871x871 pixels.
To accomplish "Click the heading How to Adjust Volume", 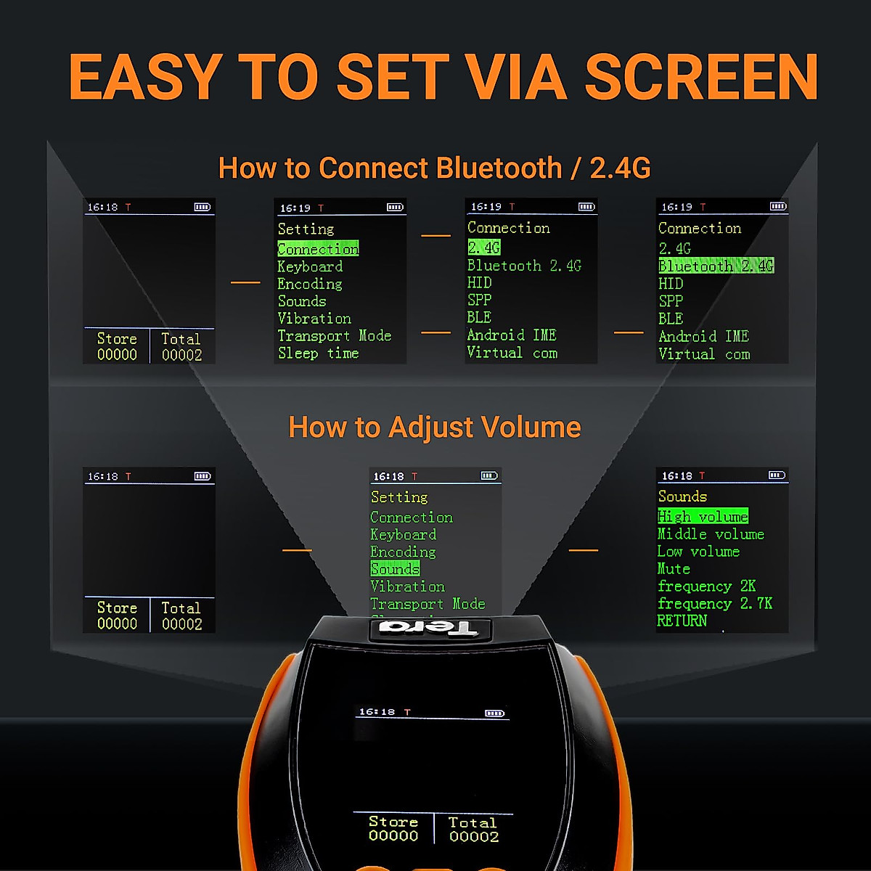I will coord(435,427).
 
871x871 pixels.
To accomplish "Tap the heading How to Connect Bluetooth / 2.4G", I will coord(434,168).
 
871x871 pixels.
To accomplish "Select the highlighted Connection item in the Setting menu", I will coord(318,248).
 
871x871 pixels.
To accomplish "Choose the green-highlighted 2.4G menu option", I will coord(484,248).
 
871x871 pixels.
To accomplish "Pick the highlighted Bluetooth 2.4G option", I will coord(716,266).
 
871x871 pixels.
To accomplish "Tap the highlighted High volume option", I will coord(702,516).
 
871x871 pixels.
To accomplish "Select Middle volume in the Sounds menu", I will coord(710,533).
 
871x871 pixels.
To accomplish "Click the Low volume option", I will coord(698,551).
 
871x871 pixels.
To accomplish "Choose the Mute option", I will coord(674,568).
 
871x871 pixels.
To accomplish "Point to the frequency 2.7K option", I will coord(714,603).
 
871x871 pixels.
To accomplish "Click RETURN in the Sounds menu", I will coord(682,621).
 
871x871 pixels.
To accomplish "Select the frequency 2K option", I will coord(706,586).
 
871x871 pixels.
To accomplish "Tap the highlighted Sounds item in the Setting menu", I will coord(395,568).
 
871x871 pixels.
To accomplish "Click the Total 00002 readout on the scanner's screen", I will coord(473,829).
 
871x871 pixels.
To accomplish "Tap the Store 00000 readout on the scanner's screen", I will coord(393,828).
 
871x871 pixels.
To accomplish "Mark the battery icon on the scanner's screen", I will coord(494,713).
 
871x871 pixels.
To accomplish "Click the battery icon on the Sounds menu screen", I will coord(777,475).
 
